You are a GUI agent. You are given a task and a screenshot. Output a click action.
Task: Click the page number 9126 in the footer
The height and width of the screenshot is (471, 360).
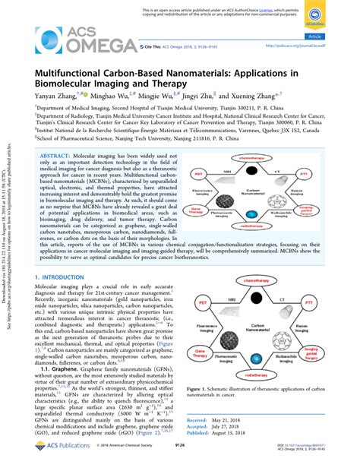[180, 457]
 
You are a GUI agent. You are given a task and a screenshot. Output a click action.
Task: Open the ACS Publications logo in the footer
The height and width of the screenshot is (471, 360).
[50, 457]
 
